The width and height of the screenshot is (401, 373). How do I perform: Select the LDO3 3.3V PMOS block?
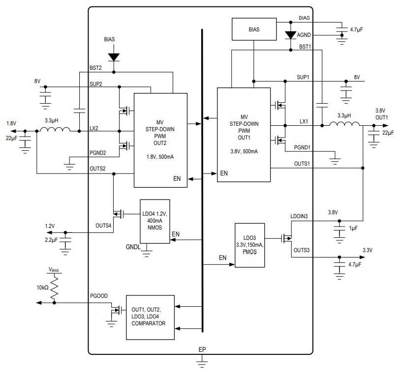pyautogui.click(x=249, y=245)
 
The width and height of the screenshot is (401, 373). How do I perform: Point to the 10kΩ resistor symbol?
pyautogui.click(x=54, y=287)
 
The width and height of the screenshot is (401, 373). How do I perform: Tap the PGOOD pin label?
pyautogui.click(x=98, y=296)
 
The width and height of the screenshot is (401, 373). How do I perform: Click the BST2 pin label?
pyautogui.click(x=95, y=68)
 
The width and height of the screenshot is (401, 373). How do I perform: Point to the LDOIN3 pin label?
pyautogui.click(x=300, y=216)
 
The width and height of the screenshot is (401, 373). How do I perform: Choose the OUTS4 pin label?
pyautogui.click(x=104, y=226)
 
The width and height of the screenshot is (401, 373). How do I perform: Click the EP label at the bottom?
pyautogui.click(x=202, y=349)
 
